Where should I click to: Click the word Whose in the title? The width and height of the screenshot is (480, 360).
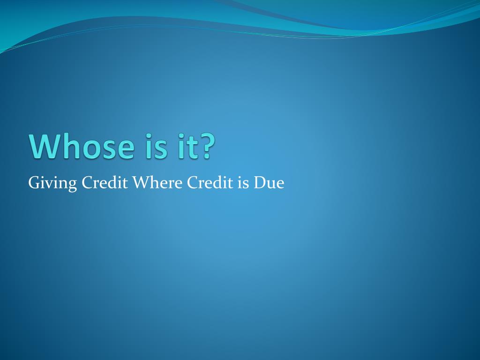[82, 146]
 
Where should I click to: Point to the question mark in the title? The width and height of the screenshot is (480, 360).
[206, 146]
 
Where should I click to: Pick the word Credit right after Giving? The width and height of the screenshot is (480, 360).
[105, 182]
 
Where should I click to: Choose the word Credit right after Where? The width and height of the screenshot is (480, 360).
[210, 182]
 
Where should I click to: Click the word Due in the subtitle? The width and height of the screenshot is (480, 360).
[269, 182]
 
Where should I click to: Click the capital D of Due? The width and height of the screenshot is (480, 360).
[261, 182]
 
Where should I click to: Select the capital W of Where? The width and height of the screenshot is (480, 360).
[142, 182]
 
